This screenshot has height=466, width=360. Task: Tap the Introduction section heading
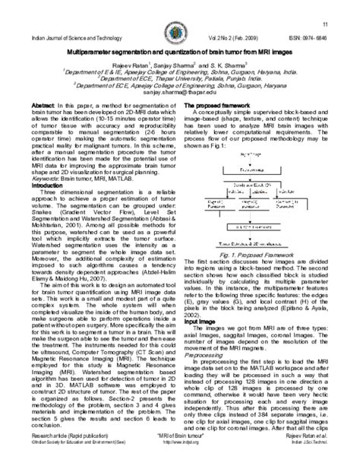coord(47,185)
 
